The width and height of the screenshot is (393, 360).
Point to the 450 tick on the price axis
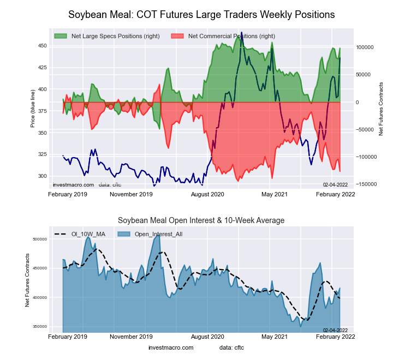click(43, 46)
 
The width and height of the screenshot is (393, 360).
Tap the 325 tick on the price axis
click(43, 154)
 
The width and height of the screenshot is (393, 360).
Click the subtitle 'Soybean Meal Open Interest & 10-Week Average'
click(201, 220)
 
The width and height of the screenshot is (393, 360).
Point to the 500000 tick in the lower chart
click(40, 239)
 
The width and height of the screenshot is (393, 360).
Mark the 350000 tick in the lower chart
click(40, 327)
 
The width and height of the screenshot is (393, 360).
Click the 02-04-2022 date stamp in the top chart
click(336, 185)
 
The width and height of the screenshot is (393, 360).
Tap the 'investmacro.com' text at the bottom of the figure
click(171, 347)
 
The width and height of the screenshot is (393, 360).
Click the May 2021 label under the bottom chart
click(275, 337)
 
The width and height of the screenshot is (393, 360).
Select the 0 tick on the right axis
click(358, 102)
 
